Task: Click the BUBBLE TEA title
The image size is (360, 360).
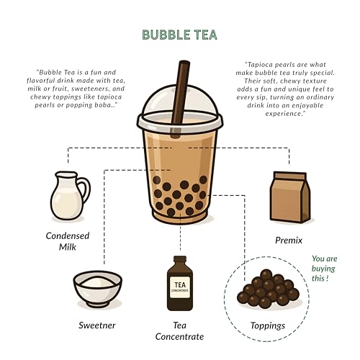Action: (x=180, y=35)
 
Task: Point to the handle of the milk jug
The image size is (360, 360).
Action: (x=84, y=190)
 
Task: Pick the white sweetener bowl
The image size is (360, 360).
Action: (x=97, y=288)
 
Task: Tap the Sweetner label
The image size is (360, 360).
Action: (x=97, y=325)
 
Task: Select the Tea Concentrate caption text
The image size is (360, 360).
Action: (x=180, y=330)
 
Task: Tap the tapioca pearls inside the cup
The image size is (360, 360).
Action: (x=180, y=196)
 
